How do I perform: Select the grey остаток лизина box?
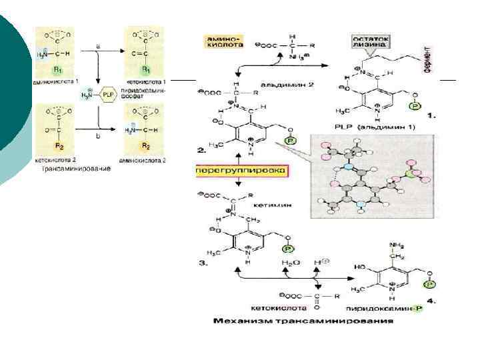(x=372, y=41)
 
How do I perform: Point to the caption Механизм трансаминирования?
(x=303, y=321)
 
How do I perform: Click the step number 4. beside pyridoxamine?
(x=431, y=301)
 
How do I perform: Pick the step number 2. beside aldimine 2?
(x=201, y=151)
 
